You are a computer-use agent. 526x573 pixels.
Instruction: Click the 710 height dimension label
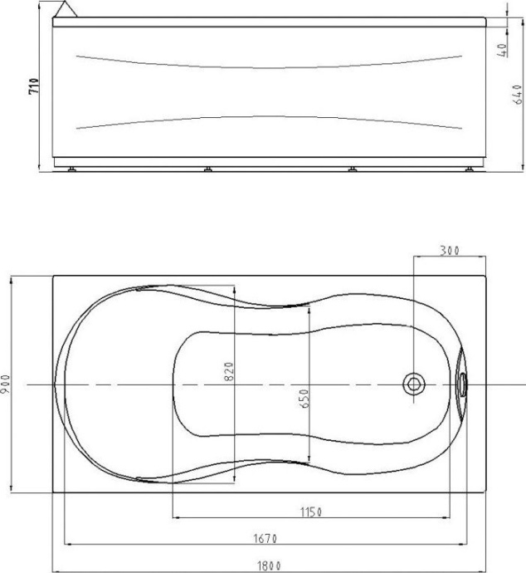(x=34, y=86)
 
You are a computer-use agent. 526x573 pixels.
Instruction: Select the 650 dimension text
(x=304, y=398)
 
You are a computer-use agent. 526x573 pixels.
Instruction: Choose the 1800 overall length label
(x=267, y=566)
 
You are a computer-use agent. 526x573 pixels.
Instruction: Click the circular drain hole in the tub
(x=413, y=384)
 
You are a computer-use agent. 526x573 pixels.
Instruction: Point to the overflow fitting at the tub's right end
(x=461, y=384)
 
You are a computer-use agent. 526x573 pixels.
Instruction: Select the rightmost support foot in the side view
(x=470, y=169)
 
